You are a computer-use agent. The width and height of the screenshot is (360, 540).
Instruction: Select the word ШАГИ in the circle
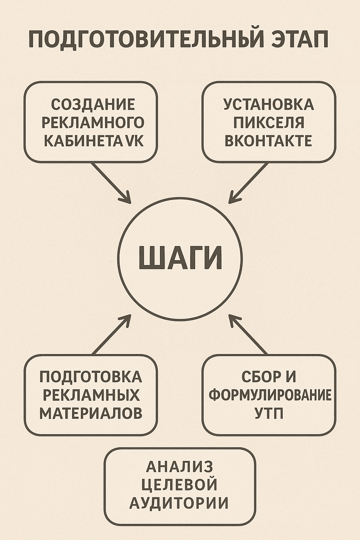pos(181,258)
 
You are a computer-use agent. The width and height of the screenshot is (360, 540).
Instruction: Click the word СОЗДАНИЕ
pos(93,104)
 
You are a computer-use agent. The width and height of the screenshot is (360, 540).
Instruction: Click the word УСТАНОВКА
pos(269,104)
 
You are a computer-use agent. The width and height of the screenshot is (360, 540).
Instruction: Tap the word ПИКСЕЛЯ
pos(269,123)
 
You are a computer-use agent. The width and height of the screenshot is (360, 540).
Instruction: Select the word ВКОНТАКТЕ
pos(269,141)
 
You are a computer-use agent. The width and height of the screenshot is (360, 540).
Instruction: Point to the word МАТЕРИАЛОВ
pos(91,413)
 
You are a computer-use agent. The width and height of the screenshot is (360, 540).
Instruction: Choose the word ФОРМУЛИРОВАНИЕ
pos(270,395)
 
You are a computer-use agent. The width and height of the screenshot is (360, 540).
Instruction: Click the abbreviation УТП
pos(269,413)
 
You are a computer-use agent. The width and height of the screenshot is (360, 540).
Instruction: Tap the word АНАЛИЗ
pos(180,467)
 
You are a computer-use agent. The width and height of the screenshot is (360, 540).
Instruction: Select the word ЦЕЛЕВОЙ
pos(179,485)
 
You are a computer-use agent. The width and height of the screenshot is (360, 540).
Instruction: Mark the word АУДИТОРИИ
pos(179,503)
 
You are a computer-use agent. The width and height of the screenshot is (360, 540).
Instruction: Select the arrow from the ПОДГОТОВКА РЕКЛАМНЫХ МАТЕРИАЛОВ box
pos(111,335)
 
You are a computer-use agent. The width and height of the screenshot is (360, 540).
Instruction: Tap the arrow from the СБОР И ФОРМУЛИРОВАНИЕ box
pos(248,335)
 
